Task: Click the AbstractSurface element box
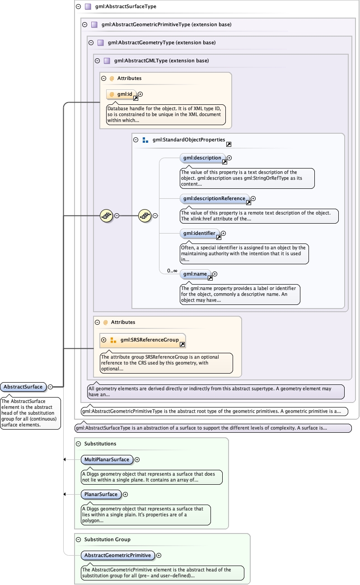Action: tap(23, 387)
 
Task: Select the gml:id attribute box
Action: tap(122, 94)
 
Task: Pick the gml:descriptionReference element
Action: tap(215, 198)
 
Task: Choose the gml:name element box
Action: tap(195, 274)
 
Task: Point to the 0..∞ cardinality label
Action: tap(172, 271)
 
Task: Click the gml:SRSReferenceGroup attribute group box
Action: tap(142, 340)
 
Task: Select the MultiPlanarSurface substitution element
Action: tap(107, 459)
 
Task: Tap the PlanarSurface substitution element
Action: tap(101, 494)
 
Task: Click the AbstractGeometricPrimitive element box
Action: tap(117, 555)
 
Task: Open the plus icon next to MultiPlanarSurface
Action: tap(137, 459)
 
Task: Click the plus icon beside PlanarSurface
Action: tap(126, 494)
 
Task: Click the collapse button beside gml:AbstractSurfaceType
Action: tap(78, 7)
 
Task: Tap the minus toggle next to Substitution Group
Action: tap(79, 539)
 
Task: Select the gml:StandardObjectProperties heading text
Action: tap(188, 140)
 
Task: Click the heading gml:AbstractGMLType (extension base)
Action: tap(161, 61)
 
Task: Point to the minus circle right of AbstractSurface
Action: tap(51, 387)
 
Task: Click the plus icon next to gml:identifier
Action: tap(223, 234)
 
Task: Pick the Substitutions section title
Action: tap(100, 444)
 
